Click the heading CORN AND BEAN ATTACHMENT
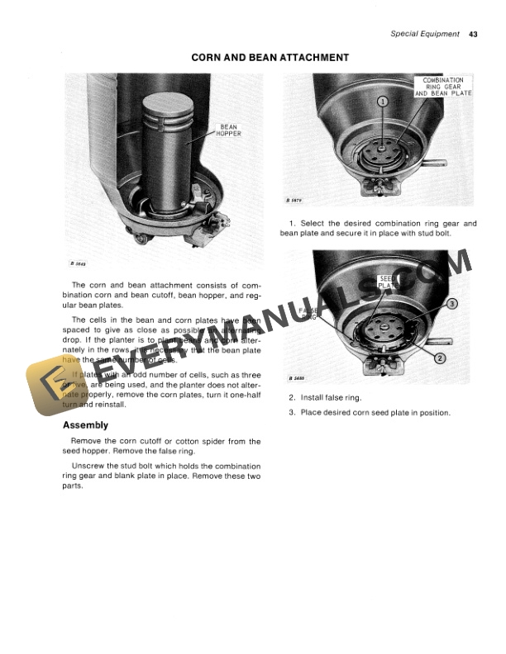[270, 58]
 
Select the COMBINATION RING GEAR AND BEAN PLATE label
[443, 87]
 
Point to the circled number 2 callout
[440, 358]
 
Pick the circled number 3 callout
[452, 304]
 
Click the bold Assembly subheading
[85, 425]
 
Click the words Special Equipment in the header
[425, 34]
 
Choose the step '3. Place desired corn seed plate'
[369, 412]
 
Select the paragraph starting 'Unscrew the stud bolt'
[161, 476]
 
